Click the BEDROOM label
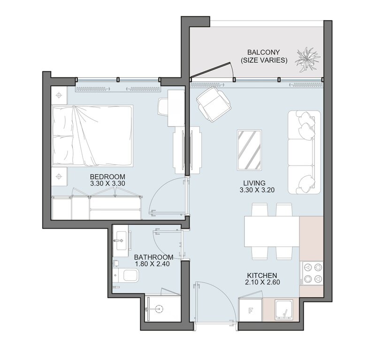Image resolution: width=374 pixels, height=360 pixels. (107, 177)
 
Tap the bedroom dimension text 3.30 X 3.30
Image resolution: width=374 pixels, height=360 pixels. (107, 183)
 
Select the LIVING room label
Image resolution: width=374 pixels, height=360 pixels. (254, 183)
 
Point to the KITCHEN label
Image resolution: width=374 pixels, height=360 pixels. (262, 276)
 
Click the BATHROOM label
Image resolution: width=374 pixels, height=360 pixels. (153, 257)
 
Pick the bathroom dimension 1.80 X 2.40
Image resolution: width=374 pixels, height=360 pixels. (152, 264)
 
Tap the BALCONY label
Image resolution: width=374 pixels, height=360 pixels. (263, 52)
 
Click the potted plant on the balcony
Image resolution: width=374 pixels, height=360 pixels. (307, 60)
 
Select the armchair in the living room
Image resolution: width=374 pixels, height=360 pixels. (214, 105)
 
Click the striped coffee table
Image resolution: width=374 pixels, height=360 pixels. (250, 150)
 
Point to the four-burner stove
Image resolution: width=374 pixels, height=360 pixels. (313, 273)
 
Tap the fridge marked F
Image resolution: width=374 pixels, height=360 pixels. (251, 310)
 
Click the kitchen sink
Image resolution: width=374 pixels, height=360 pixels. (284, 309)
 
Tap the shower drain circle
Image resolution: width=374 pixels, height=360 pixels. (159, 309)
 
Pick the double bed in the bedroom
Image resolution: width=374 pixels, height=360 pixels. (92, 135)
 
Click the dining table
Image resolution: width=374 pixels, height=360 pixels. (272, 232)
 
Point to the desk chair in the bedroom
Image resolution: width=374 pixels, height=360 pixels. (163, 107)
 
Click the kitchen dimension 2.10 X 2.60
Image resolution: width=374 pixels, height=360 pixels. (262, 282)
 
